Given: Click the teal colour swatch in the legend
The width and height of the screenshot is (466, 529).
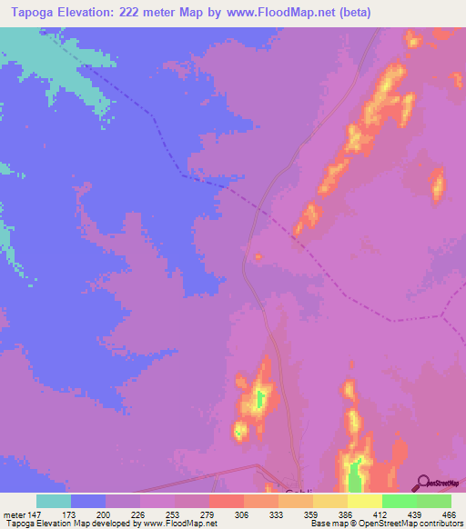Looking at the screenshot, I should [x=54, y=501].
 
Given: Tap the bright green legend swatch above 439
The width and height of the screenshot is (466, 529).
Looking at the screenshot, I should [x=400, y=501].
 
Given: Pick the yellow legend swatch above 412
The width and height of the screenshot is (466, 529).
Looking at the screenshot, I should [x=365, y=501].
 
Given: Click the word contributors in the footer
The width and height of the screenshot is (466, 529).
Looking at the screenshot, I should [x=438, y=524].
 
